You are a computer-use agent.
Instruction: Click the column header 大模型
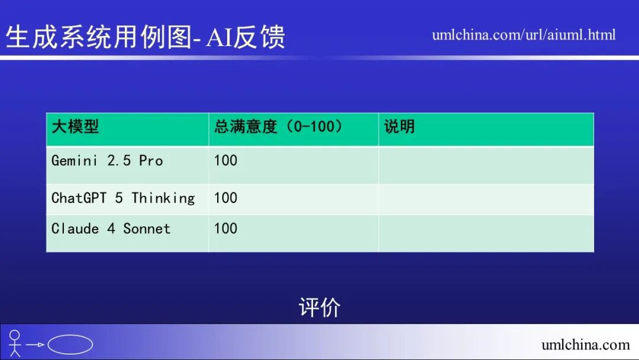[x=75, y=127]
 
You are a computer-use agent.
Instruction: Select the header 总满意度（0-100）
[x=278, y=127]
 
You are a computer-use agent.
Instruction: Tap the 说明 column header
[x=399, y=127]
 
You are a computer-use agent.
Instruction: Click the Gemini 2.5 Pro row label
[x=107, y=161]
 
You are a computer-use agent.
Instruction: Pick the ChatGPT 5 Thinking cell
[x=123, y=198]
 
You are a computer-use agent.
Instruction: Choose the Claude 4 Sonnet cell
[x=111, y=229]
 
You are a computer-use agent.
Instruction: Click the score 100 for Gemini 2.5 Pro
[x=225, y=161]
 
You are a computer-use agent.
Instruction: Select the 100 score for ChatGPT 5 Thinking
[x=225, y=198]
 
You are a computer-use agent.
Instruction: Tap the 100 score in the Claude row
[x=225, y=229]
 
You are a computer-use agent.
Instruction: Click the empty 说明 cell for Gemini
[x=486, y=165]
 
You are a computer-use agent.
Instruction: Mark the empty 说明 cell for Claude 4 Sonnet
[x=486, y=233]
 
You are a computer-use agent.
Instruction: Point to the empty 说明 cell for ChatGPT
[x=486, y=199]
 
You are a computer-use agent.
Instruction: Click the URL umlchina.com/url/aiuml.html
[x=524, y=35]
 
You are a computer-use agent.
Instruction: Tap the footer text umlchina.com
[x=585, y=345]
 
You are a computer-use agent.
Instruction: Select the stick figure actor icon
[x=15, y=343]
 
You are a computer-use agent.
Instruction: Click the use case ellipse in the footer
[x=70, y=345]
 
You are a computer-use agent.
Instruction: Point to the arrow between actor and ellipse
[x=35, y=345]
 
